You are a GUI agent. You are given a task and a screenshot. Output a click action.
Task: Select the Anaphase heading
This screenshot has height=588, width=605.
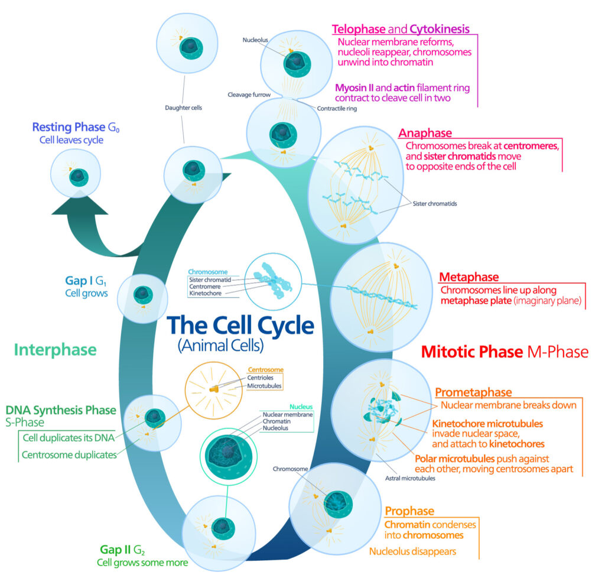tap(425, 133)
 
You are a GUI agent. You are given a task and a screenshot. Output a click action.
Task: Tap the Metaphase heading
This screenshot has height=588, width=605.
tap(469, 277)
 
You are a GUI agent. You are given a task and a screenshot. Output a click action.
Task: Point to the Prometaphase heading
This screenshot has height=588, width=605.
tap(473, 392)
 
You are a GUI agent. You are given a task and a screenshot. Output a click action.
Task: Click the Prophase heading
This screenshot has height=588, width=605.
tap(409, 511)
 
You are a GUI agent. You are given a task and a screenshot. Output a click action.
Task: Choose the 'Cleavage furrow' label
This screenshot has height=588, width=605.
tap(250, 94)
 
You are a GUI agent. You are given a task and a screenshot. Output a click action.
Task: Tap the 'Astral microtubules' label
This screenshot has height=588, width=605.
tap(410, 477)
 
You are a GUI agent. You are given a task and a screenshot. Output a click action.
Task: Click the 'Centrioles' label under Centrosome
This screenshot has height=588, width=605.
tap(265, 378)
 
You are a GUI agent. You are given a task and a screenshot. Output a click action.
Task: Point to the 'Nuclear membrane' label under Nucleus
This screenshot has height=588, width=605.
tap(287, 414)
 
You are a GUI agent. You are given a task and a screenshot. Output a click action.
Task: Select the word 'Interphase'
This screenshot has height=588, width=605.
tap(55, 349)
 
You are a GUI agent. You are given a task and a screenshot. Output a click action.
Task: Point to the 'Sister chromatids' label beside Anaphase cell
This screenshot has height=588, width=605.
tap(435, 204)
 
